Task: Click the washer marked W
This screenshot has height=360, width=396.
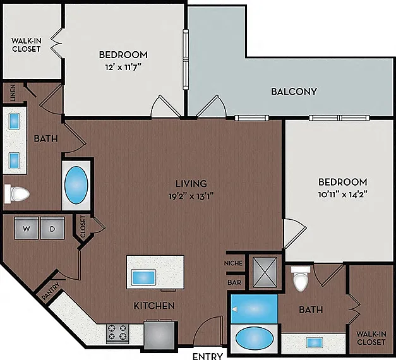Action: [x=27, y=228]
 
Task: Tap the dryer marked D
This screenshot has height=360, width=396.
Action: [x=52, y=228]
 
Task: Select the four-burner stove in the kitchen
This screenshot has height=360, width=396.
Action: [x=117, y=333]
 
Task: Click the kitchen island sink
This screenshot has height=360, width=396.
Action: [x=143, y=277]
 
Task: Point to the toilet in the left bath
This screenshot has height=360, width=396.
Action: [x=17, y=194]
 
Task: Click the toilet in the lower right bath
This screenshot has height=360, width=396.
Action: [x=301, y=279]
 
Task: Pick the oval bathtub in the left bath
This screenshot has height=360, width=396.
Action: [x=76, y=185]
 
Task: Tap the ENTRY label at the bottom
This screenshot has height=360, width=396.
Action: [x=208, y=356]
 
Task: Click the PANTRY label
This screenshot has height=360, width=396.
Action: [x=51, y=291]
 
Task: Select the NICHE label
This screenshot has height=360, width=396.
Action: [x=233, y=263]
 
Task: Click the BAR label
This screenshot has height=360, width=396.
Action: [x=234, y=282]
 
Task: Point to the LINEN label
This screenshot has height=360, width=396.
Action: [x=13, y=93]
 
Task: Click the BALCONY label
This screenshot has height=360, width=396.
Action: [x=294, y=92]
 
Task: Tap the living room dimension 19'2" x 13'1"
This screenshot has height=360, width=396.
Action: [x=191, y=196]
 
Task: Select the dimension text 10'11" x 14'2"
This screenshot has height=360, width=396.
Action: [x=343, y=195]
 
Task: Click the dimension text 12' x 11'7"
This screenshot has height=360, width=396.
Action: [x=123, y=68]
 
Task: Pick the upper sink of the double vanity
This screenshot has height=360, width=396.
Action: [x=14, y=121]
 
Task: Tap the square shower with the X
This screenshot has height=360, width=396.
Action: [x=265, y=272]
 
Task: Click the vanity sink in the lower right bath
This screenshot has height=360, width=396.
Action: [x=315, y=343]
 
